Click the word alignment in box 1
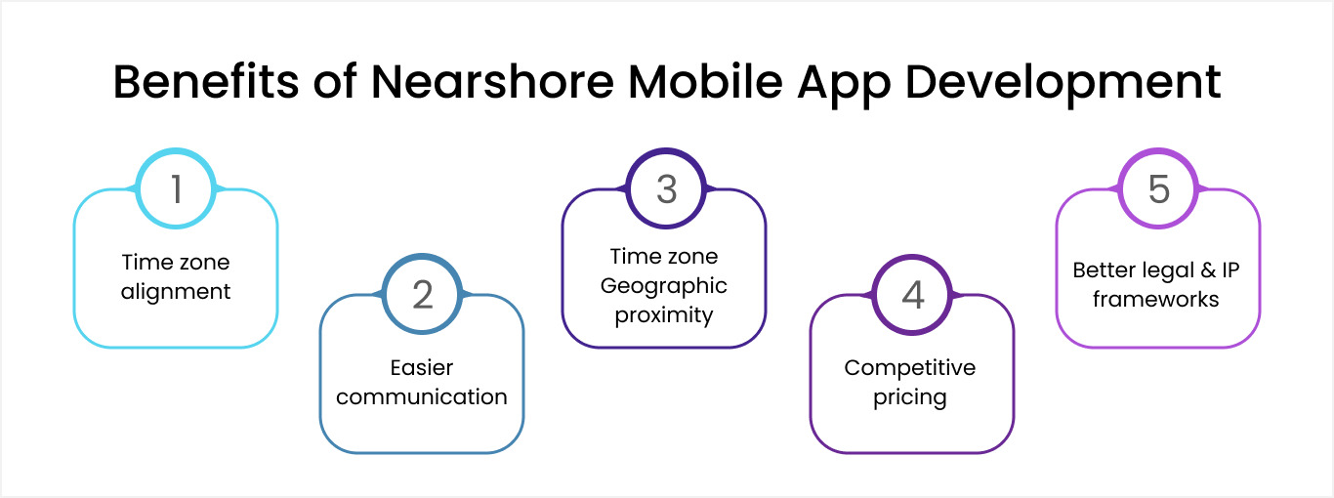click(x=176, y=291)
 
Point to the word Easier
click(x=422, y=368)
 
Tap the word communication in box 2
click(x=422, y=396)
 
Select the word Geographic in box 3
click(x=664, y=285)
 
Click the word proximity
click(x=664, y=315)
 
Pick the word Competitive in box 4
click(x=910, y=368)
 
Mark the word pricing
click(x=910, y=397)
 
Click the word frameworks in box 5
click(x=1156, y=299)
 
